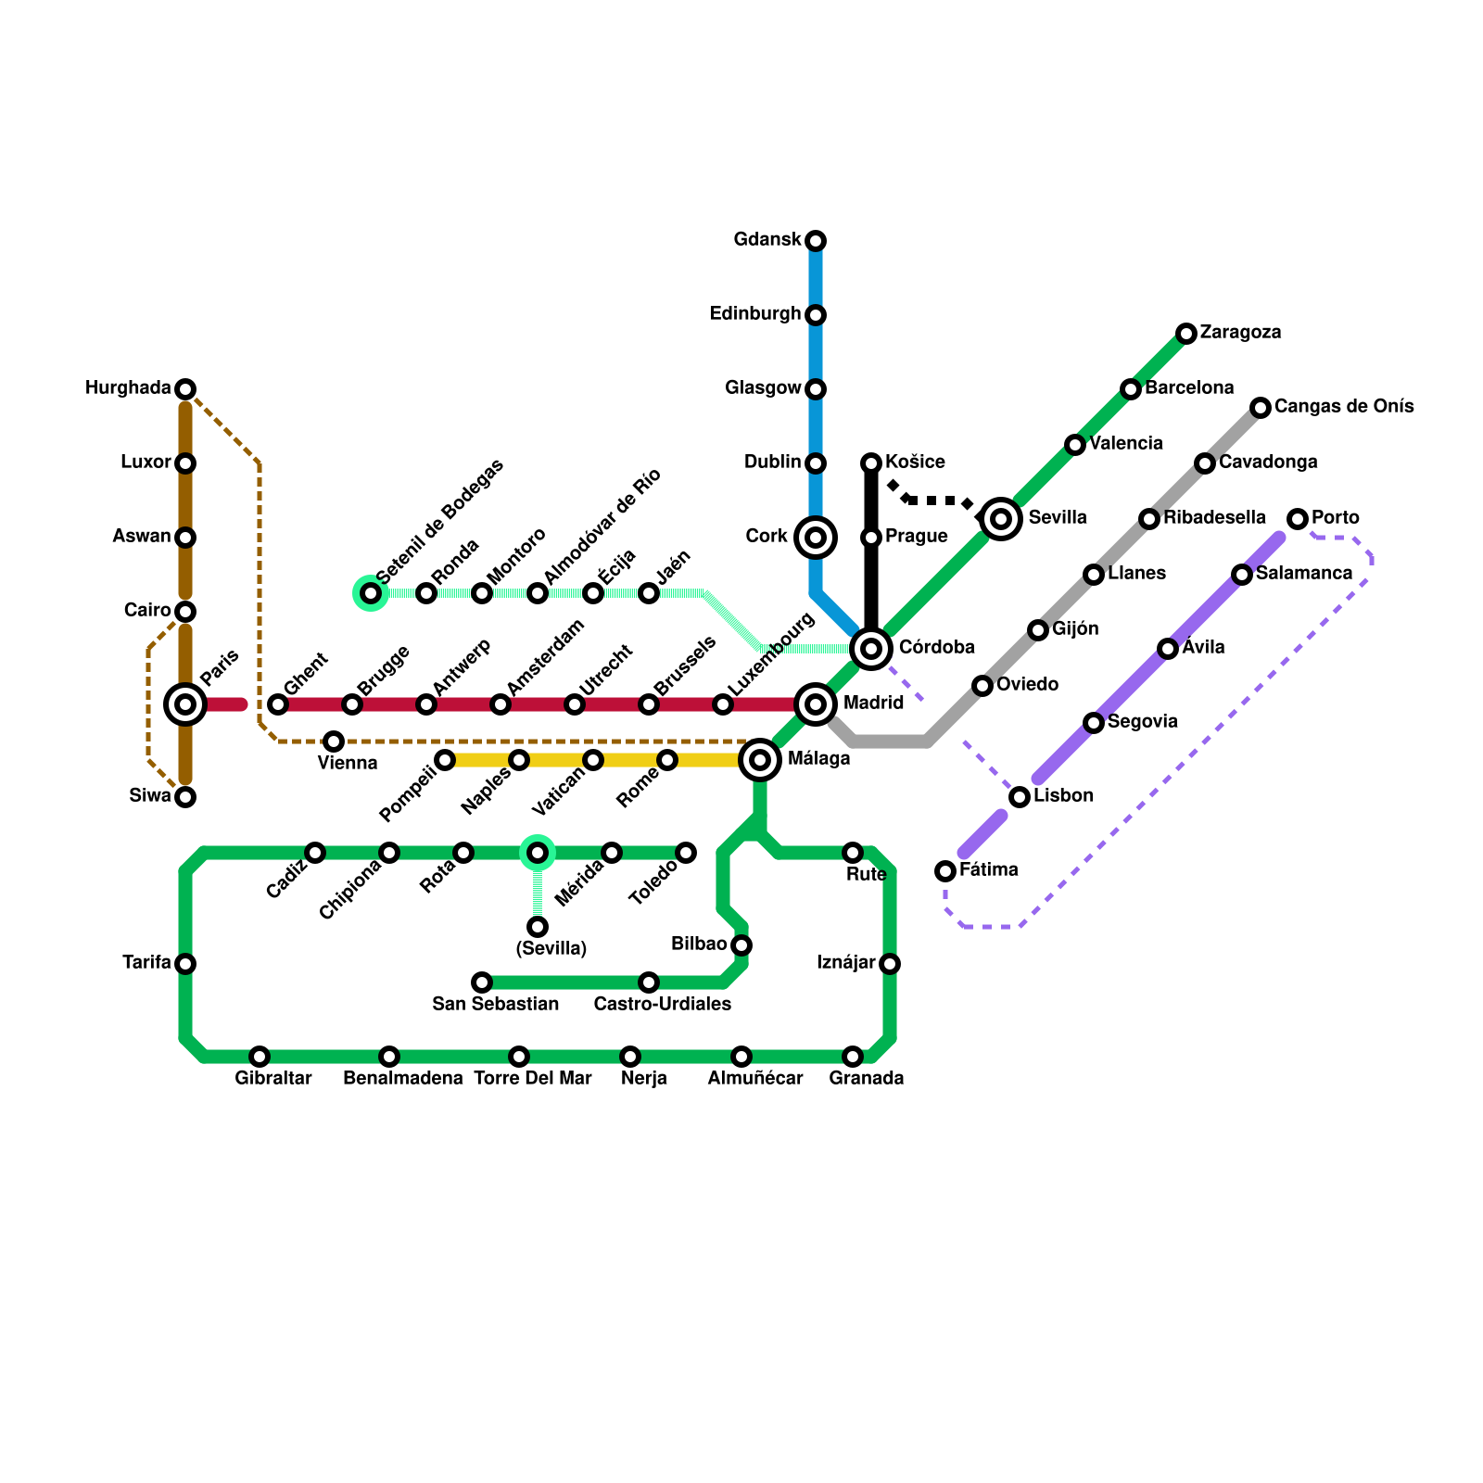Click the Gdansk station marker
coord(816,241)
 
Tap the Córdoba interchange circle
coord(871,648)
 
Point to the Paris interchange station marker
coord(185,704)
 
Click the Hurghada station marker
coord(185,388)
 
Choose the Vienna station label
coord(348,764)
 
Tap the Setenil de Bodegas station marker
coord(371,593)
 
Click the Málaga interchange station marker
coord(760,760)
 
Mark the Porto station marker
coord(1298,518)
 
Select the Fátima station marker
coord(945,870)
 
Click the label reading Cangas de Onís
coord(1344,407)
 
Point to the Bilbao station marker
coord(741,945)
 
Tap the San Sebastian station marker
coord(482,982)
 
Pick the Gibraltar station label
coord(273,1079)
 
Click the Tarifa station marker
coord(185,964)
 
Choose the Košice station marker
coord(871,463)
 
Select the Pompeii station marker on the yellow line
coord(445,760)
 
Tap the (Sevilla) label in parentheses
coord(551,949)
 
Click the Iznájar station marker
coord(890,964)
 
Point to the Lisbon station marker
coord(1020,796)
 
